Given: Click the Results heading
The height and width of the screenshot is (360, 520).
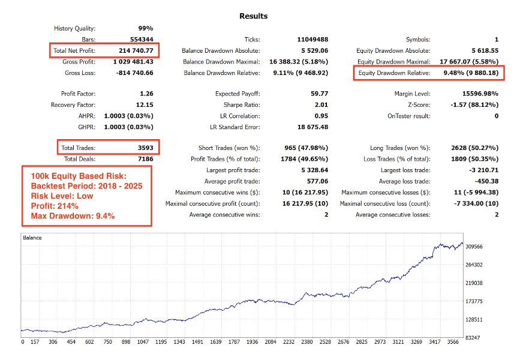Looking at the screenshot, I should pyautogui.click(x=253, y=16).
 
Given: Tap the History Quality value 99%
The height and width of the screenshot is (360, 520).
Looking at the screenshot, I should pyautogui.click(x=145, y=28).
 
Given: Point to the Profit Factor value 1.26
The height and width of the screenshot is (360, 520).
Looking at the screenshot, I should pyautogui.click(x=145, y=94).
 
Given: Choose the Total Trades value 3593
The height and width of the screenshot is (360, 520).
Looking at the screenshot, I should pyautogui.click(x=142, y=148).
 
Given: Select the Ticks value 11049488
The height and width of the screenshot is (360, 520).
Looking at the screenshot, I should pyautogui.click(x=311, y=40).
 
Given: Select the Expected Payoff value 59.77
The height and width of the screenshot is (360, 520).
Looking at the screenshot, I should pyautogui.click(x=318, y=94).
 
